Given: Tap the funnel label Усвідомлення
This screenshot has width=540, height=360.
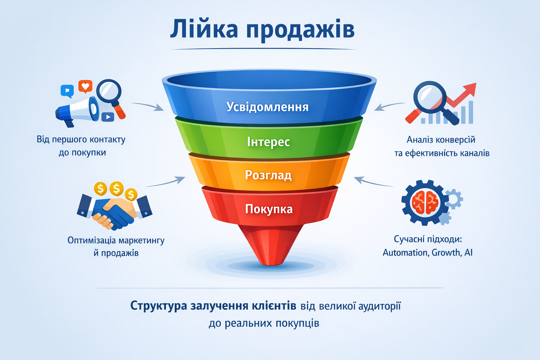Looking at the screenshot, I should pos(267,107).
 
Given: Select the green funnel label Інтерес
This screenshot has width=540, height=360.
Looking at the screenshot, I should pos(268,142).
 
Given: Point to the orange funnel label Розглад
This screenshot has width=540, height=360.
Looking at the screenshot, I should pos(268,175).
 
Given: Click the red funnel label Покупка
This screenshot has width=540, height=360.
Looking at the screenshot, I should pos(269,209).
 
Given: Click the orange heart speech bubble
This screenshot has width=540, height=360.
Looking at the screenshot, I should pos(85,86).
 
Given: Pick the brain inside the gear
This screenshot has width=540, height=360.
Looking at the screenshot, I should pos(425,202).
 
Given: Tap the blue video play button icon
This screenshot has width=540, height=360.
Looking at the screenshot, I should pos(108,117).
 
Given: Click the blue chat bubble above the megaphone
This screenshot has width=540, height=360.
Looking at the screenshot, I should pos(67,91).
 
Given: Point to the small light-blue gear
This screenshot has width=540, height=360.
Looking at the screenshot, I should pos(454,199).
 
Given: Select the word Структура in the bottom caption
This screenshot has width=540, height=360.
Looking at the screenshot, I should pos(159,306).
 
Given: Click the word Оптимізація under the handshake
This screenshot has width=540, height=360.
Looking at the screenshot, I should pos(91,240).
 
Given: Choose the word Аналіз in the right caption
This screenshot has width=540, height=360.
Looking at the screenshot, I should pos(420,140).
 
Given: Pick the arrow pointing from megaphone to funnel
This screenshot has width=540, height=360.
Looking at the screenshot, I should pos(148,105).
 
